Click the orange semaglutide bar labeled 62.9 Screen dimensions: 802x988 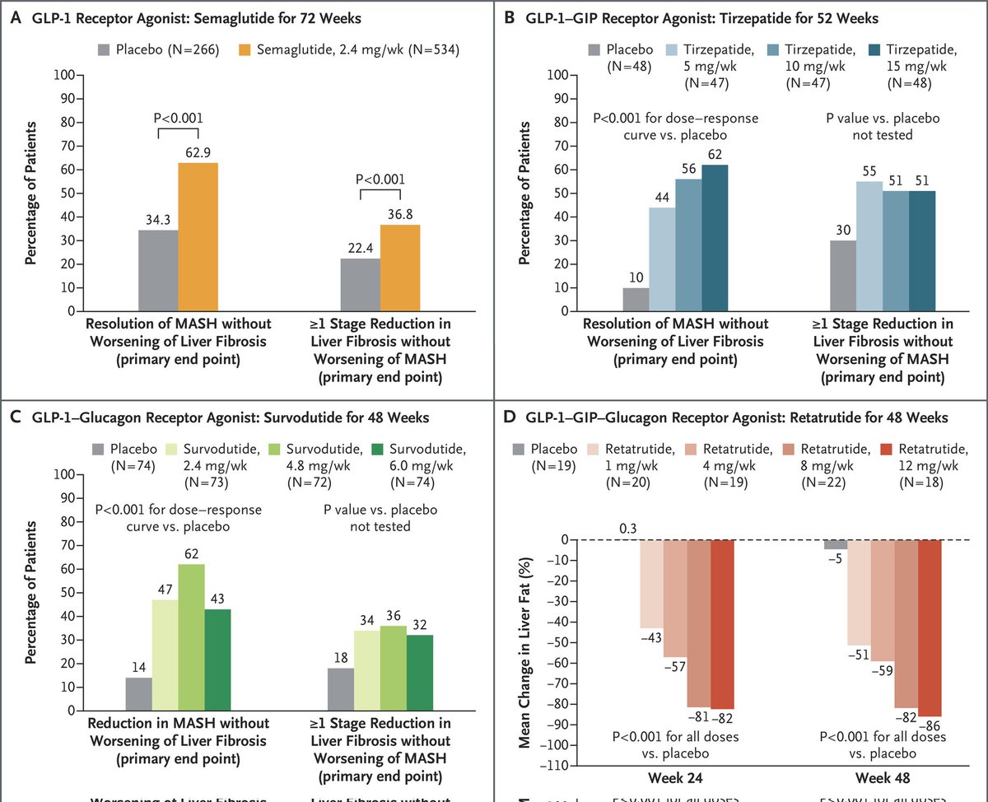click(x=198, y=237)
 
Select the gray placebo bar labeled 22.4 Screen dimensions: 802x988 click(x=360, y=285)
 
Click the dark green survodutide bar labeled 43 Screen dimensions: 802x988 click(x=217, y=659)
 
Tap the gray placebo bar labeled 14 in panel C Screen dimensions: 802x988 click(x=138, y=693)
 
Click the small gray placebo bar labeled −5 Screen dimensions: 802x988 click(x=835, y=544)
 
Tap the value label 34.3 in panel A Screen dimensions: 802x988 click(x=158, y=220)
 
